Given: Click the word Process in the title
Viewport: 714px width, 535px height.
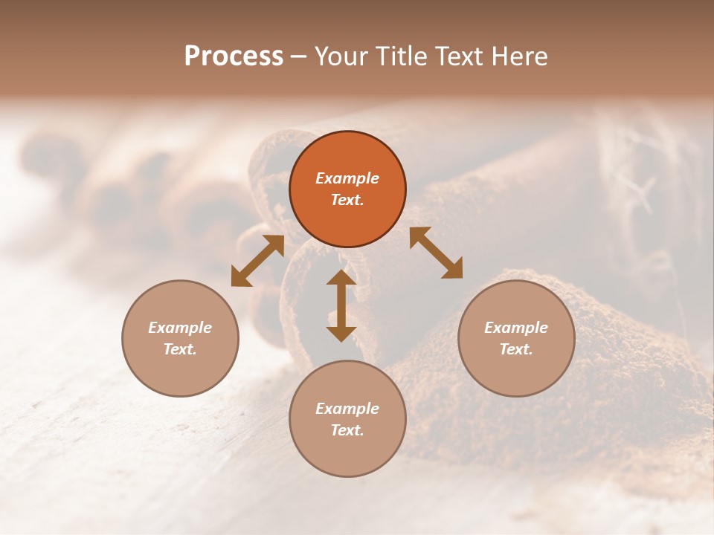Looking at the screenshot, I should [234, 56].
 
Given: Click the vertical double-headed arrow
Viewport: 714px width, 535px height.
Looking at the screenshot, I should [341, 305].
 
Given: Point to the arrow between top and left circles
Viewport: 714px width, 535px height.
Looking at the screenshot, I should [257, 261].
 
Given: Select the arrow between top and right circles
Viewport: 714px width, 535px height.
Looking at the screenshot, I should [436, 253].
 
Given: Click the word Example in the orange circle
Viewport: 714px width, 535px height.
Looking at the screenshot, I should [347, 178].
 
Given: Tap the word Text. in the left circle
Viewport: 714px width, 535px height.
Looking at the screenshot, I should [180, 349].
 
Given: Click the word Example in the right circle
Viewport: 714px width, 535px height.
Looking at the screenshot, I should [516, 328].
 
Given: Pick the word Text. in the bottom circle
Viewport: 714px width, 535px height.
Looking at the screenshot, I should [347, 430].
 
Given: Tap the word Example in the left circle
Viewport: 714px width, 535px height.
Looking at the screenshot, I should [180, 328].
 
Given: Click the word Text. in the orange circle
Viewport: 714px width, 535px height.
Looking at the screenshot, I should [347, 200].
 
